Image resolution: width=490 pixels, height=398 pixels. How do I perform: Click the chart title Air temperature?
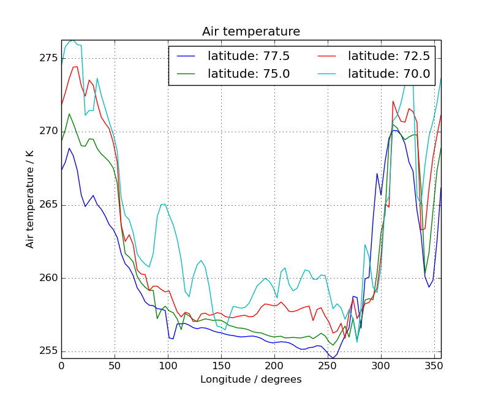(251, 32)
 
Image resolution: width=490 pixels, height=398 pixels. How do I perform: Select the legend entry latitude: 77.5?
(248, 56)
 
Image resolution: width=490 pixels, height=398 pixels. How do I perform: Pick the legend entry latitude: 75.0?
(248, 74)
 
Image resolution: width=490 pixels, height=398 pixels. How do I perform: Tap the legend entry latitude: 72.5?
(388, 56)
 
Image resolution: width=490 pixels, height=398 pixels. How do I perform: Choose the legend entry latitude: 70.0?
(388, 74)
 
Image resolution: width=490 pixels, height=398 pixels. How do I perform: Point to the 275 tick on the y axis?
(48, 58)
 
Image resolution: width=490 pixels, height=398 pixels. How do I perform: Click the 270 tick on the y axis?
(48, 131)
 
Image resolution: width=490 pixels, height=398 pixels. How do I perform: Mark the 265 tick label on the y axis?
(48, 205)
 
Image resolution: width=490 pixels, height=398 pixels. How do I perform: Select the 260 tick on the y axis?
(48, 278)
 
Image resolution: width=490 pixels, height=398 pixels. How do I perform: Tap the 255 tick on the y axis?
(48, 351)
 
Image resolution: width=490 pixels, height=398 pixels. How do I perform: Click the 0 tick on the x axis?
(61, 366)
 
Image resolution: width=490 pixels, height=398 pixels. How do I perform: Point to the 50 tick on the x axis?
(115, 366)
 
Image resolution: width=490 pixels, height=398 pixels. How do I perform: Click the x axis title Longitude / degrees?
(251, 380)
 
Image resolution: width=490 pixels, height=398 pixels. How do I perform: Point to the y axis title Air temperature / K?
(30, 199)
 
